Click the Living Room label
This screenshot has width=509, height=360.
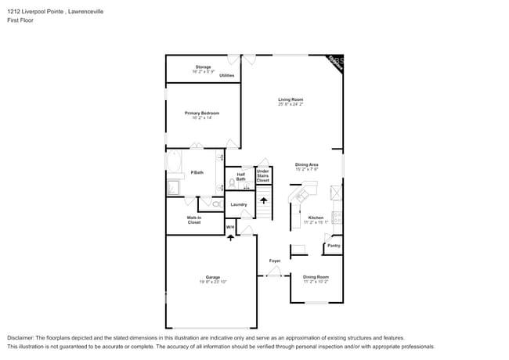tap(291, 99)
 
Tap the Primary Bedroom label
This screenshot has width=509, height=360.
tap(202, 113)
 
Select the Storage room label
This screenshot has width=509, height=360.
tap(203, 67)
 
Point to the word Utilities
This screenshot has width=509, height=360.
tap(226, 76)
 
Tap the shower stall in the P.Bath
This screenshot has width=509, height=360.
tap(173, 188)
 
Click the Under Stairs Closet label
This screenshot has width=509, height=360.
tap(262, 176)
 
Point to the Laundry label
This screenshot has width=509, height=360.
tap(239, 205)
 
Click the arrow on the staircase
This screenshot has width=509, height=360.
tap(263, 201)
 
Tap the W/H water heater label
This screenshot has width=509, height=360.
tap(230, 227)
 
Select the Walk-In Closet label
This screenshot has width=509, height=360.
tap(193, 220)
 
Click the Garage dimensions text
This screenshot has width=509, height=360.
tap(213, 281)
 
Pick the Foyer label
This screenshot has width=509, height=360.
tap(275, 261)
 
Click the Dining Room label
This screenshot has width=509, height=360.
tap(316, 276)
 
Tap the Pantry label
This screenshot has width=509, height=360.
tap(334, 246)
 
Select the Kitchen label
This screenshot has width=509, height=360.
tap(316, 218)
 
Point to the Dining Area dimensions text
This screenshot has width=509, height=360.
tap(307, 169)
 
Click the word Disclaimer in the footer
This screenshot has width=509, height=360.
tap(23, 337)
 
